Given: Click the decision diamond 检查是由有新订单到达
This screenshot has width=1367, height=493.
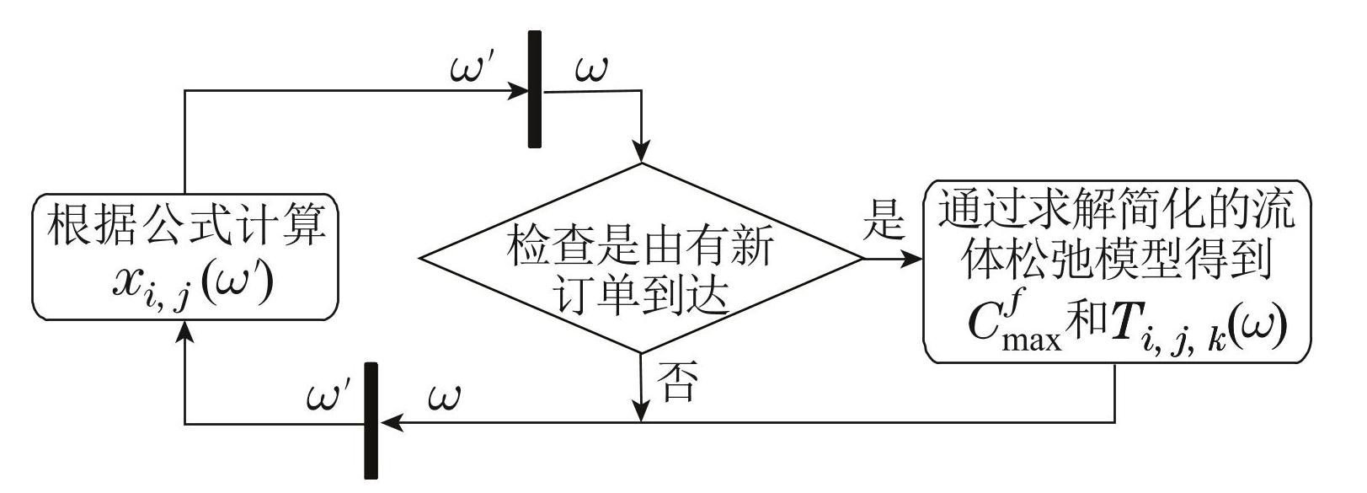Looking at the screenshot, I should pyautogui.click(x=642, y=258).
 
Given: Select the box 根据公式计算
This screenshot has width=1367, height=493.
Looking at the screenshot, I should pyautogui.click(x=185, y=256).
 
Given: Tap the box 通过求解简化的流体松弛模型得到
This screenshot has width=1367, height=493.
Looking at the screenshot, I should pyautogui.click(x=1117, y=271).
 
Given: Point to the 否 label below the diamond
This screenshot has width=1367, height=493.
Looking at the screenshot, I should pyautogui.click(x=676, y=382).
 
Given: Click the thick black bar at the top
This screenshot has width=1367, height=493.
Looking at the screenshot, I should pyautogui.click(x=534, y=89).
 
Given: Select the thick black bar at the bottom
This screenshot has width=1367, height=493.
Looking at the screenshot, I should pyautogui.click(x=370, y=421).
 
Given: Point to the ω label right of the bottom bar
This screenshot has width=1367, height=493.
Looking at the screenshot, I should pyautogui.click(x=445, y=395).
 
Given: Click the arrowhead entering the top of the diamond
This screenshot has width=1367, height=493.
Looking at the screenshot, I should pyautogui.click(x=642, y=153).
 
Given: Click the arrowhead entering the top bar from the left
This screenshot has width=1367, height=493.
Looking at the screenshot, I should pyautogui.click(x=516, y=90).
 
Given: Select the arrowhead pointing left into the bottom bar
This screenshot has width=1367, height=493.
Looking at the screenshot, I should pyautogui.click(x=388, y=421).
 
